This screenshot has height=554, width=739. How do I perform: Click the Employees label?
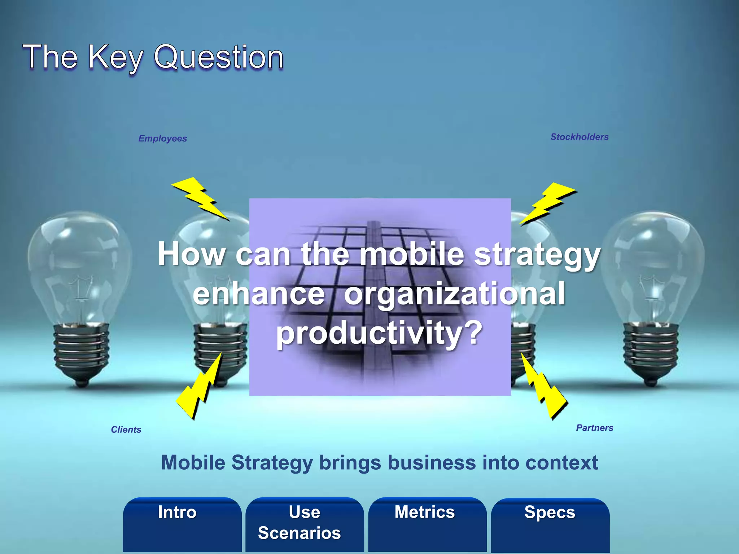tap(163, 138)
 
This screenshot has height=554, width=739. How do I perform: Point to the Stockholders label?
tap(580, 137)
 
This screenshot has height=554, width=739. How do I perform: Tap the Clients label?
tap(126, 430)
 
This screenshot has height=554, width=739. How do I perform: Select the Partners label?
tap(595, 428)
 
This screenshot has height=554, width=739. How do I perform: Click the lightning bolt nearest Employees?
tap(200, 198)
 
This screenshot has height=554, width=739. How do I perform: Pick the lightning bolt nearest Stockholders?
tap(548, 203)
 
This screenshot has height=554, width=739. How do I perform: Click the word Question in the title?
tap(219, 58)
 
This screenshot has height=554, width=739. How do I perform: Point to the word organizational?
tap(454, 294)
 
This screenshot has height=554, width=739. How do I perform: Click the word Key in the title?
tap(115, 58)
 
